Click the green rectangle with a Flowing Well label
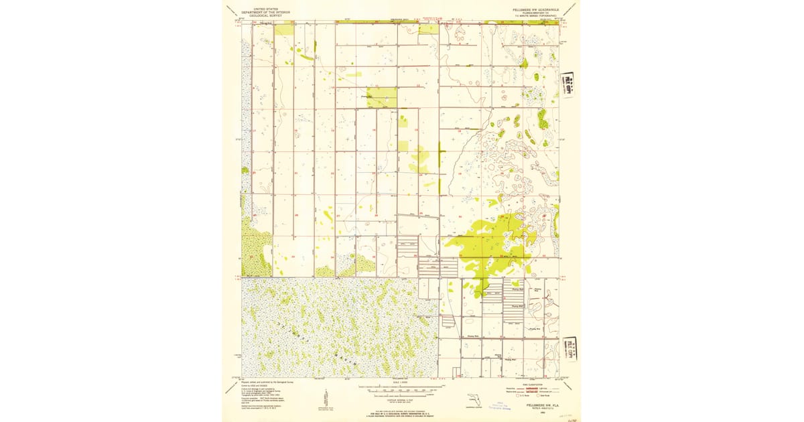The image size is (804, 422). click(382, 98)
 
